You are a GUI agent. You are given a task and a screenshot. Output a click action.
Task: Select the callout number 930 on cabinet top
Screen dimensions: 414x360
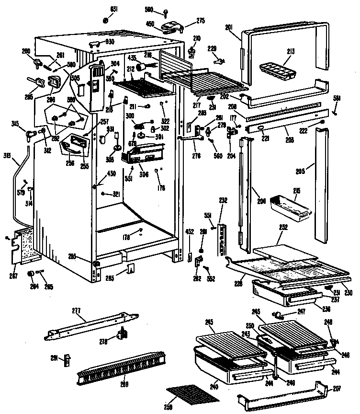point(110,42)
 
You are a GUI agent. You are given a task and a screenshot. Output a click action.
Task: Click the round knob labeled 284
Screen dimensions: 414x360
point(32,274)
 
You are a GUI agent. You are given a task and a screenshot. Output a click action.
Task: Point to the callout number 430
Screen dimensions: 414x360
point(111,173)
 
